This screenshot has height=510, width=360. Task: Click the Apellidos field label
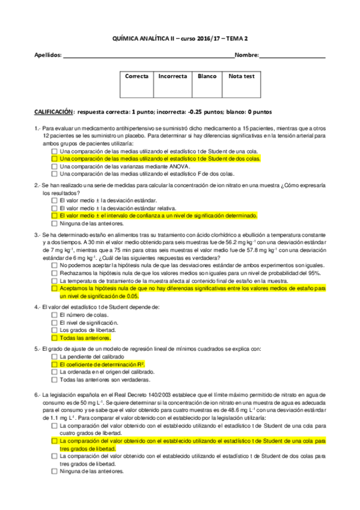[48, 55]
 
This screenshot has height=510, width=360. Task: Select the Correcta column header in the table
[136, 76]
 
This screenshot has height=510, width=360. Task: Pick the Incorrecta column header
[172, 76]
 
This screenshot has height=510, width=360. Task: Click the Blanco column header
[207, 76]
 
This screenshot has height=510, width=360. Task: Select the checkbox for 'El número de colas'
[55, 315]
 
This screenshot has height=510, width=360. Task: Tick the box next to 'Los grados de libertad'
[55, 330]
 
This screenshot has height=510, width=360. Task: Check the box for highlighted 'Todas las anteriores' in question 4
[55, 338]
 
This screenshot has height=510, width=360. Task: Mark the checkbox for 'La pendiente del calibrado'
[55, 357]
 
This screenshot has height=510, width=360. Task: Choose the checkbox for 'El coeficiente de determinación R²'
[55, 364]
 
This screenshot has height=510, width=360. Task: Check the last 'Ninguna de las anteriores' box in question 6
[55, 472]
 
